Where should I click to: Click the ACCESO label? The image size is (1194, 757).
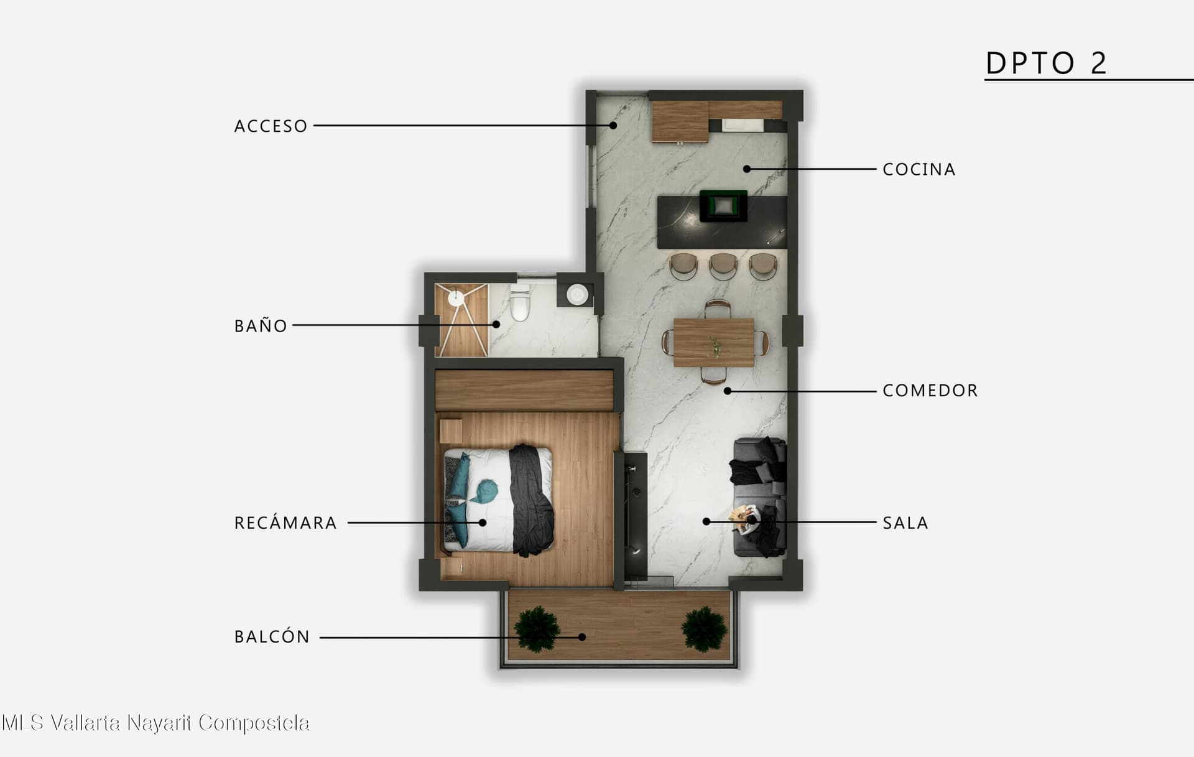271,126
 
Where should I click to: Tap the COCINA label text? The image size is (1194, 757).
919,169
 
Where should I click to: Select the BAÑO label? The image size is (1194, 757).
261,325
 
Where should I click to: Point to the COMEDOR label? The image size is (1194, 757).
930,391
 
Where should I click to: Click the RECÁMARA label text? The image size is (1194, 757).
285,522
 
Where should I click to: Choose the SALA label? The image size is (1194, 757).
905,523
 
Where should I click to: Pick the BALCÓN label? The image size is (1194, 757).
272,636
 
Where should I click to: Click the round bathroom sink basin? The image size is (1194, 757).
577,294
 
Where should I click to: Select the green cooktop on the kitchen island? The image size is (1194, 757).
723,206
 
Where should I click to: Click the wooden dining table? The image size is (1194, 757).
714,342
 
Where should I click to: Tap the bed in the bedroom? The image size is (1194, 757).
498,500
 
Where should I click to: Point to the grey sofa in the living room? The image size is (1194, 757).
759,497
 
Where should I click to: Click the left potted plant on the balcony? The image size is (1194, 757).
537,629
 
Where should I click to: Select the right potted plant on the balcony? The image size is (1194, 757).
704,629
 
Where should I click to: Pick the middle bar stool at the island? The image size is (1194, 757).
723,266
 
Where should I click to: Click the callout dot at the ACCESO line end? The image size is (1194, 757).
613,126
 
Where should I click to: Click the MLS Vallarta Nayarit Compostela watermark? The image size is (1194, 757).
155,723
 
